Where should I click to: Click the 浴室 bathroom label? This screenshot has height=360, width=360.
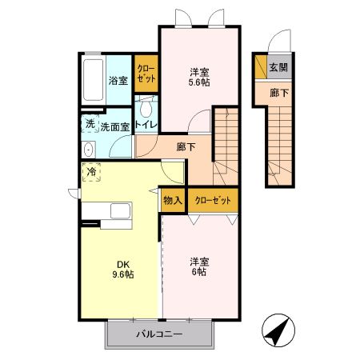[x=118, y=80]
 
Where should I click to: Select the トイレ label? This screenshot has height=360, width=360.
[x=145, y=126]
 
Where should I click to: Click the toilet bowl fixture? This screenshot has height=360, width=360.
[x=146, y=109]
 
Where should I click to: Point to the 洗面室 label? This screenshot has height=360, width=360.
[x=115, y=126]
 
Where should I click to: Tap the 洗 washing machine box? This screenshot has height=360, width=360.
[x=90, y=125]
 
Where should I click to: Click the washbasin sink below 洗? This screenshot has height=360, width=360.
[x=88, y=149]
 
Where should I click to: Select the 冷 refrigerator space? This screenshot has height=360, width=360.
[x=92, y=172]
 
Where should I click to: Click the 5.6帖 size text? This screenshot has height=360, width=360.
[x=198, y=82]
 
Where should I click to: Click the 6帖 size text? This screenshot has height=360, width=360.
[x=198, y=273]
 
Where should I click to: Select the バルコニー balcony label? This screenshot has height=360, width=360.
[x=159, y=334]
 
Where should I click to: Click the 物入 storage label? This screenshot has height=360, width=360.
[x=173, y=200]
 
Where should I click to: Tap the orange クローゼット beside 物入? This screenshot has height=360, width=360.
[x=212, y=200]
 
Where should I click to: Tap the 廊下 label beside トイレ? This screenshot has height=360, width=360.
[x=186, y=147]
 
